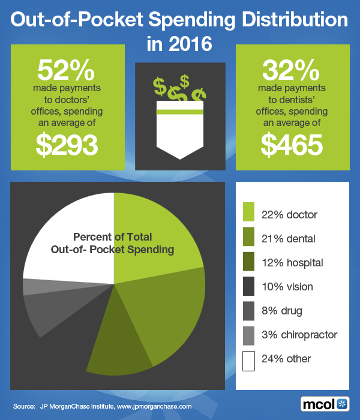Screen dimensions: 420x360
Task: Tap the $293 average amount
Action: [67, 145]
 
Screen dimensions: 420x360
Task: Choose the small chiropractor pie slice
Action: [31, 287]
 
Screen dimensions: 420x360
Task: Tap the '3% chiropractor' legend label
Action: [299, 335]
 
